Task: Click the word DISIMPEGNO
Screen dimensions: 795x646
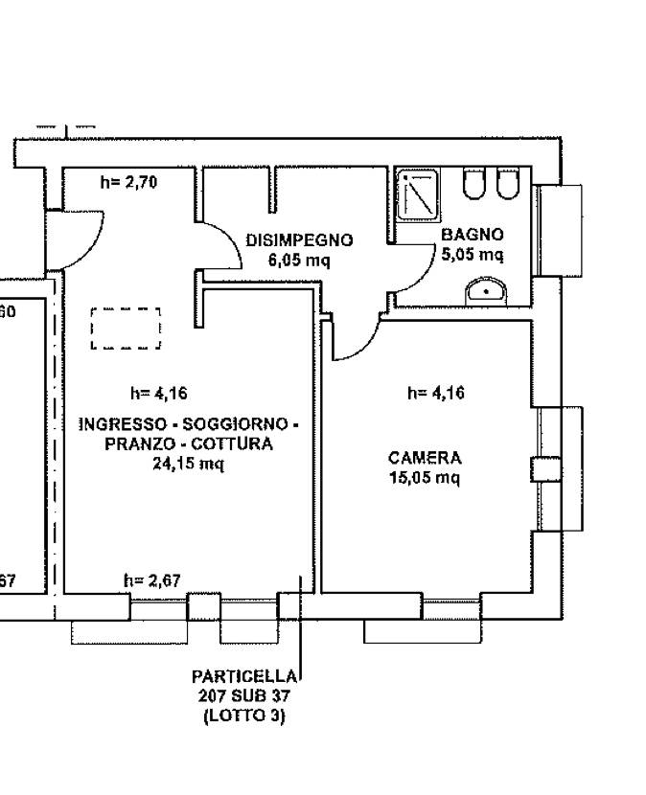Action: [x=299, y=240]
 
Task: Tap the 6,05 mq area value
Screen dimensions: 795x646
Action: [x=299, y=260]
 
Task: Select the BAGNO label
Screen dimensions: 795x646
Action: [x=472, y=235]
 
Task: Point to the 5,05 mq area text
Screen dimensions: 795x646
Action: [x=472, y=254]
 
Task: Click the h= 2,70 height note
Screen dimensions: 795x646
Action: [x=128, y=182]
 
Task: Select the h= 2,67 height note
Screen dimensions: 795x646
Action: [x=152, y=580]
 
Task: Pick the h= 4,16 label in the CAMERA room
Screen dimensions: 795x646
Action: [x=436, y=393]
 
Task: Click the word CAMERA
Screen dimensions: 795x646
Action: [x=425, y=458]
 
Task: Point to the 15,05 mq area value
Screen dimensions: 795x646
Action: [x=425, y=477]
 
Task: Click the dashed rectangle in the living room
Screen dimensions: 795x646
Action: [x=126, y=328]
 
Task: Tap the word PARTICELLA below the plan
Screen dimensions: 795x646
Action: [x=244, y=677]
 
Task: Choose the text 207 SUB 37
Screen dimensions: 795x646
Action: [x=244, y=696]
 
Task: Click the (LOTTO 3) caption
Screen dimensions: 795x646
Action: [x=244, y=715]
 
